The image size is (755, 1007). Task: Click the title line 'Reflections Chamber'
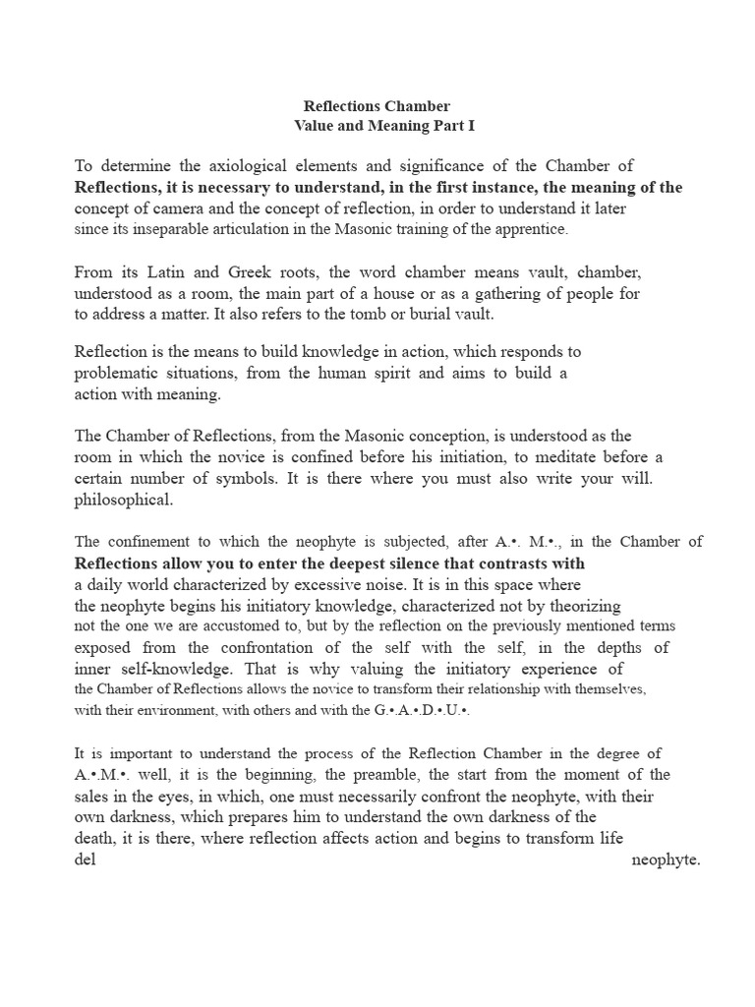pos(377,105)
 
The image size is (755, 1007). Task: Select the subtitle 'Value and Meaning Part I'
pos(377,125)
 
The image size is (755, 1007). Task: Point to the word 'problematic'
pos(119,374)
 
